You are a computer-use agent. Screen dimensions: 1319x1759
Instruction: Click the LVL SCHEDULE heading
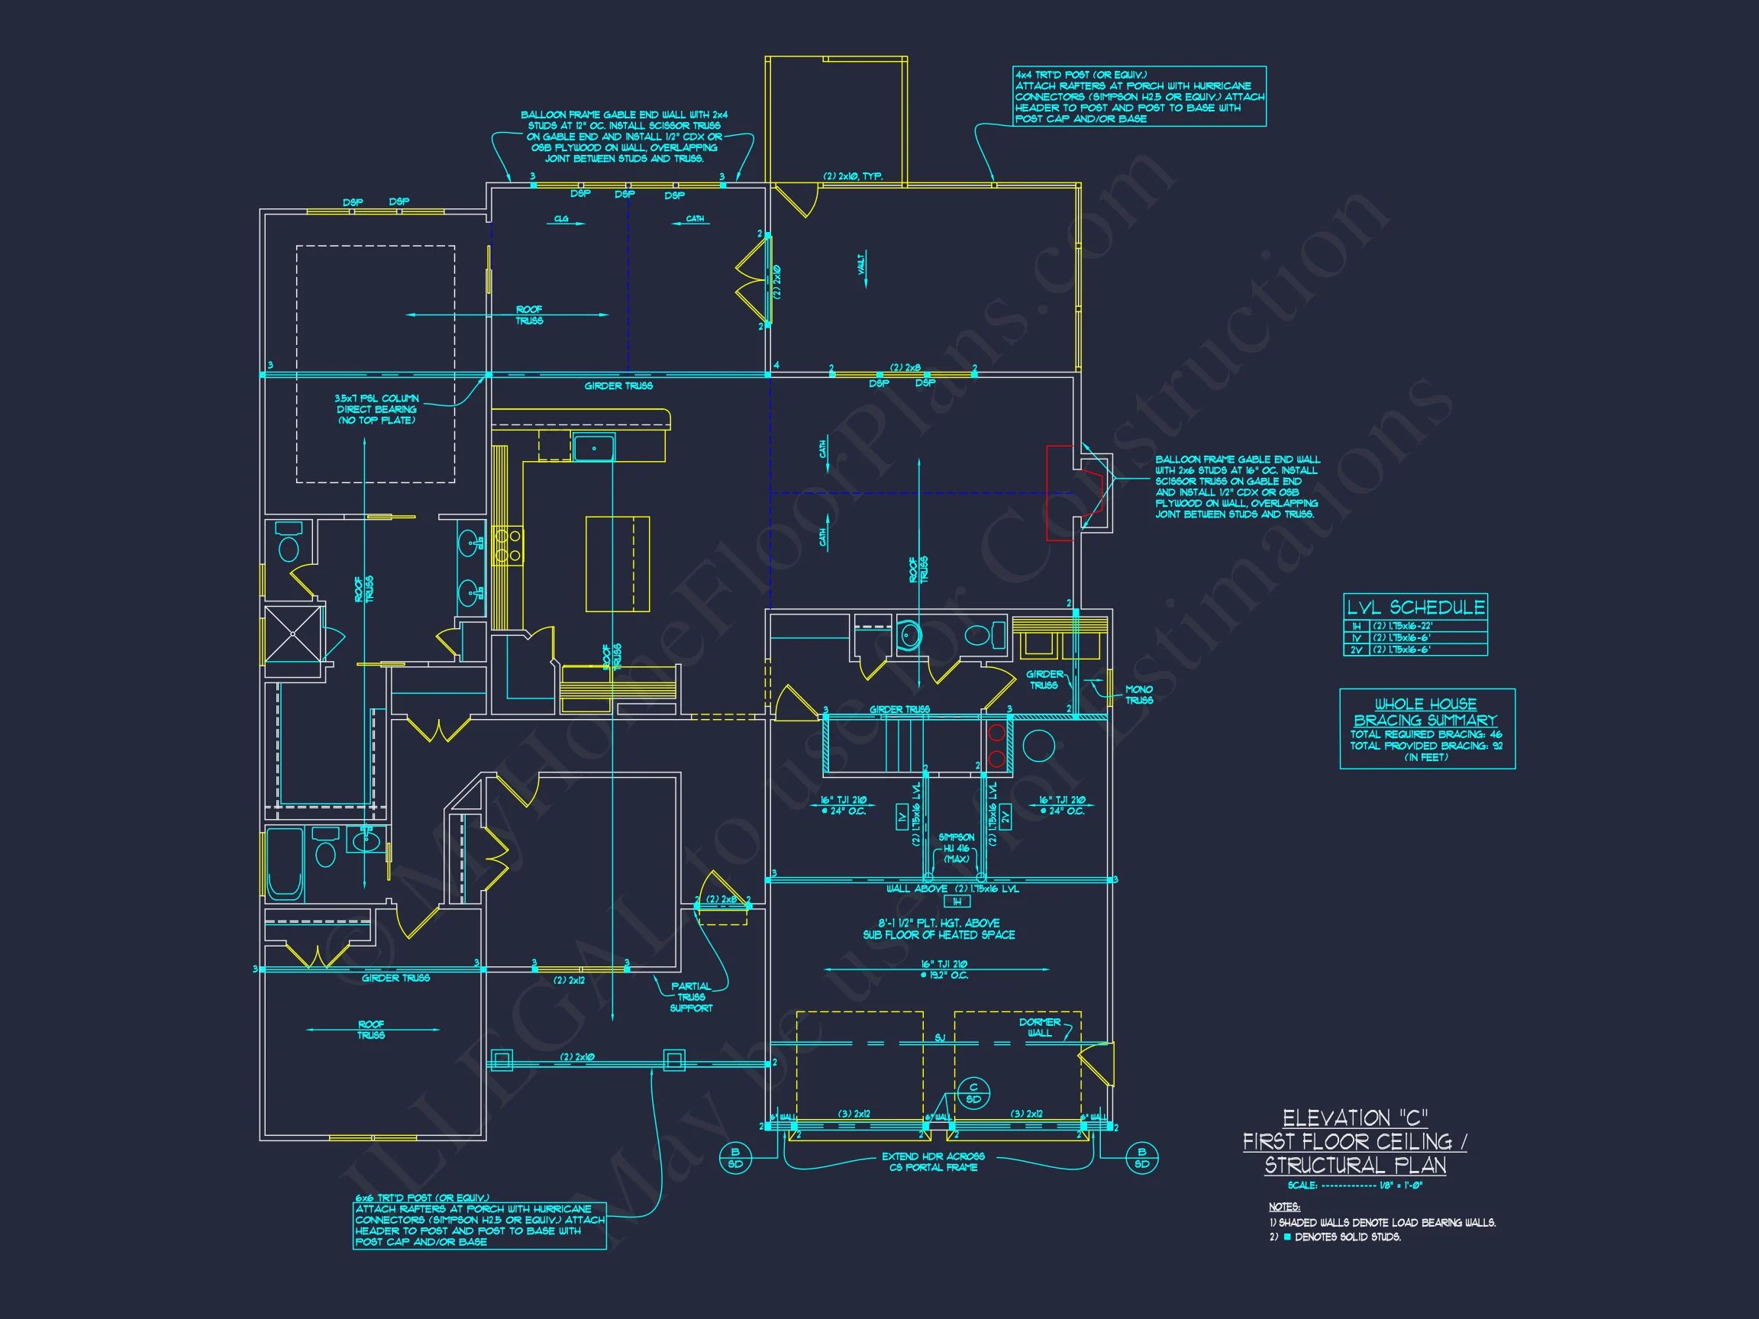tap(1415, 608)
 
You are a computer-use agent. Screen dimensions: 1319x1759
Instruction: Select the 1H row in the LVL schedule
tap(1415, 627)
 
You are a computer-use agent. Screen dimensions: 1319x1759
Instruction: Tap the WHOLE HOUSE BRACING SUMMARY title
tap(1426, 711)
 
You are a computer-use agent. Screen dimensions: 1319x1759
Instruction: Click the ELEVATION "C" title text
tap(1355, 1119)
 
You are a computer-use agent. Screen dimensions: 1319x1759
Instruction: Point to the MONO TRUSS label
tap(1139, 695)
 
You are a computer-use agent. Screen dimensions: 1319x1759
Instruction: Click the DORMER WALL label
tap(1039, 1027)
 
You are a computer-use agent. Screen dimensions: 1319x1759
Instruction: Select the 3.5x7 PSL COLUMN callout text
tap(377, 408)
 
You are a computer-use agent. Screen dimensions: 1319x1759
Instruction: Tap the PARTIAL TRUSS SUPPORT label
tap(691, 997)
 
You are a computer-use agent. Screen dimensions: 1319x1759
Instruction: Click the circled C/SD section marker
tap(973, 1093)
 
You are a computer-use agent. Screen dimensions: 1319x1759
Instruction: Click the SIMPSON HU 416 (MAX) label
tap(956, 848)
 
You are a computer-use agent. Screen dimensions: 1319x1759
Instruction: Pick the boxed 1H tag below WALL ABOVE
tap(957, 901)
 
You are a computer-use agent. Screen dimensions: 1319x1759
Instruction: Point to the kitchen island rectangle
tap(617, 563)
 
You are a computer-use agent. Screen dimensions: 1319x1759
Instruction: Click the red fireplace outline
tap(1073, 493)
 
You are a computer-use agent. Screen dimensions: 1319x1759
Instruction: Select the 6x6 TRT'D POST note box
tap(479, 1225)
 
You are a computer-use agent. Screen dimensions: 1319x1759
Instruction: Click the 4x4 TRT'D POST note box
tap(1139, 97)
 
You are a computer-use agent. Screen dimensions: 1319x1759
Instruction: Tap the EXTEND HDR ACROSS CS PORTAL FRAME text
tap(933, 1162)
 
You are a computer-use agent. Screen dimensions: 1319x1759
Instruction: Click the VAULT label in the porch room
tap(862, 264)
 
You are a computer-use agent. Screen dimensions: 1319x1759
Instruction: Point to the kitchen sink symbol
tap(593, 448)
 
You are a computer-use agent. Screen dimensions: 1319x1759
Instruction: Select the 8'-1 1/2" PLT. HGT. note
tap(938, 929)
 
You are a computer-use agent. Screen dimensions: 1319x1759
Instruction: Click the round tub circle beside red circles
tap(1038, 746)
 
